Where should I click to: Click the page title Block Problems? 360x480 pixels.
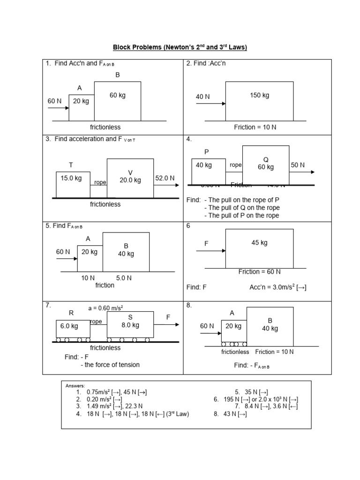180,47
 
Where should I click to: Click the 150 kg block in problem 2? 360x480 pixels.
259,101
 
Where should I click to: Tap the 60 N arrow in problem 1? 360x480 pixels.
58,108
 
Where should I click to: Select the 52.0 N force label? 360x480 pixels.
165,178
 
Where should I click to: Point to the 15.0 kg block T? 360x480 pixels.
73,185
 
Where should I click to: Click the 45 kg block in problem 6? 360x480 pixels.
259,248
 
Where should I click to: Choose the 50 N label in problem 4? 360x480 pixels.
298,165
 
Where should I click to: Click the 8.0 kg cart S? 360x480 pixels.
130,324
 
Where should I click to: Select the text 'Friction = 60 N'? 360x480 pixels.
259,272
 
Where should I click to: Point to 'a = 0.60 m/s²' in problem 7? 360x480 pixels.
105,308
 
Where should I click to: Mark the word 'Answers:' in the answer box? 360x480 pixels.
75,386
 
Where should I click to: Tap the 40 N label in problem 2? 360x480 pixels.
203,97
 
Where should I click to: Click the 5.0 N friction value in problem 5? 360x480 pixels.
124,278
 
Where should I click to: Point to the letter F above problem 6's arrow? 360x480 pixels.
206,244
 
